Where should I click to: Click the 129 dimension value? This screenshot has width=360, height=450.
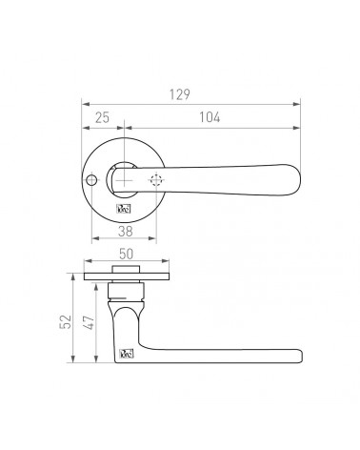tap(180, 94)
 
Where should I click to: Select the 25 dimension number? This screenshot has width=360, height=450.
tap(102, 117)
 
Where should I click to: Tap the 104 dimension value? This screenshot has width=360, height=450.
tap(210, 117)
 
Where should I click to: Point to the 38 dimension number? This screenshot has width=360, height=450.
tap(125, 232)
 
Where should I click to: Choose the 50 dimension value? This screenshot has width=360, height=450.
tap(126, 254)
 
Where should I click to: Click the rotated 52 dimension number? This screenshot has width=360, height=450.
tap(66, 321)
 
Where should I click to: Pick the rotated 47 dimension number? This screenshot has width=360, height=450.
tap(89, 322)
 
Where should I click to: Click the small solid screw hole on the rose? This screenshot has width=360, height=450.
tap(91, 180)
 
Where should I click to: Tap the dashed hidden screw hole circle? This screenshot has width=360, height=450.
tap(155, 180)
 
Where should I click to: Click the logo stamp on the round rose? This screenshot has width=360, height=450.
tap(124, 210)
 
